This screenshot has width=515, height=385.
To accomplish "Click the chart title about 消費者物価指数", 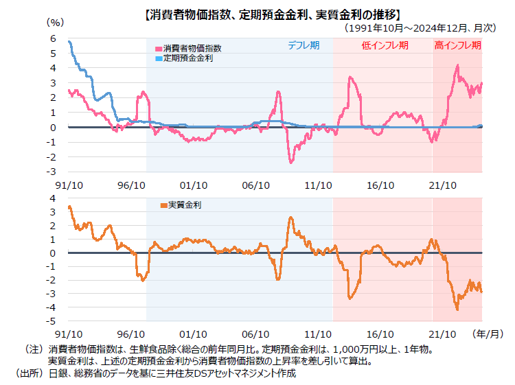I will coord(273,14).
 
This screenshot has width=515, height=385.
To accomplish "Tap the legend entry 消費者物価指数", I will coord(192,49).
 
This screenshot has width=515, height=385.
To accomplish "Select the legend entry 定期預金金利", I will coord(187,58).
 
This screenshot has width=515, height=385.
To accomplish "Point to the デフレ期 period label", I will coord(303,45).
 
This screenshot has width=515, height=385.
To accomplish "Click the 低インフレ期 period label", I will coord(385,45).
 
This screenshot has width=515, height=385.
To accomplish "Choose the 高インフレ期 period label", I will coord(457,45).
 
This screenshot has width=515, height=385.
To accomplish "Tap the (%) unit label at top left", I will coord(55,22).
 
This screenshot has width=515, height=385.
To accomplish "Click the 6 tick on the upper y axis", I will coord(52,38).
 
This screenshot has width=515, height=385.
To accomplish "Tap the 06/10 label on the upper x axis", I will coord(256,185).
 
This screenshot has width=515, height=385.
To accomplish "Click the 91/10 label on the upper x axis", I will coord(69,185).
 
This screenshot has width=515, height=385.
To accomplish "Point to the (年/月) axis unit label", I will coord(488,334).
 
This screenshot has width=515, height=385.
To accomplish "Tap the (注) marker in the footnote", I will coord(34,349).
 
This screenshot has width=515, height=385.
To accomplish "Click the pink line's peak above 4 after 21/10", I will coord(457,66).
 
